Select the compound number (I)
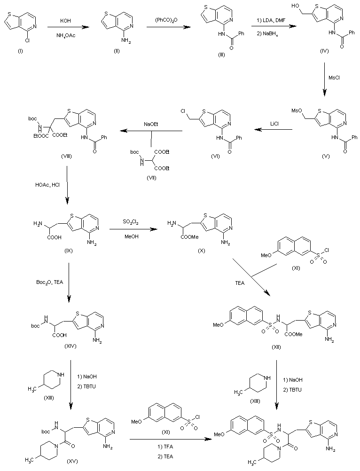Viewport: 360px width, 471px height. (x=20, y=51)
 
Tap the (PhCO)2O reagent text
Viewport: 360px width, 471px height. (x=166, y=20)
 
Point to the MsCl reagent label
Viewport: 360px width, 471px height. (x=334, y=78)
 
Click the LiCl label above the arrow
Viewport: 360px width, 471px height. (x=274, y=124)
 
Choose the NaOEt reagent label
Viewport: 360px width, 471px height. (x=151, y=124)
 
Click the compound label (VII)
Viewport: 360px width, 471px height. (x=151, y=178)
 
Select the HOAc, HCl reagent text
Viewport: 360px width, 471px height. (x=47, y=185)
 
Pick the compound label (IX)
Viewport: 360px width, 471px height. (x=69, y=251)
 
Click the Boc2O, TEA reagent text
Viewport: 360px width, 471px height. (x=50, y=283)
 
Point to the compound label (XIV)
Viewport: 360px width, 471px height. (x=70, y=346)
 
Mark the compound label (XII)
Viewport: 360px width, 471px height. (x=276, y=347)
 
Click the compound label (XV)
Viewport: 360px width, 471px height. (x=71, y=461)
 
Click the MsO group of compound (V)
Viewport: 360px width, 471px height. (x=296, y=111)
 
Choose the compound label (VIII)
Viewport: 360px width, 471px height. (x=66, y=157)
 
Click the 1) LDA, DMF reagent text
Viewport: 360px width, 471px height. (x=271, y=20)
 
